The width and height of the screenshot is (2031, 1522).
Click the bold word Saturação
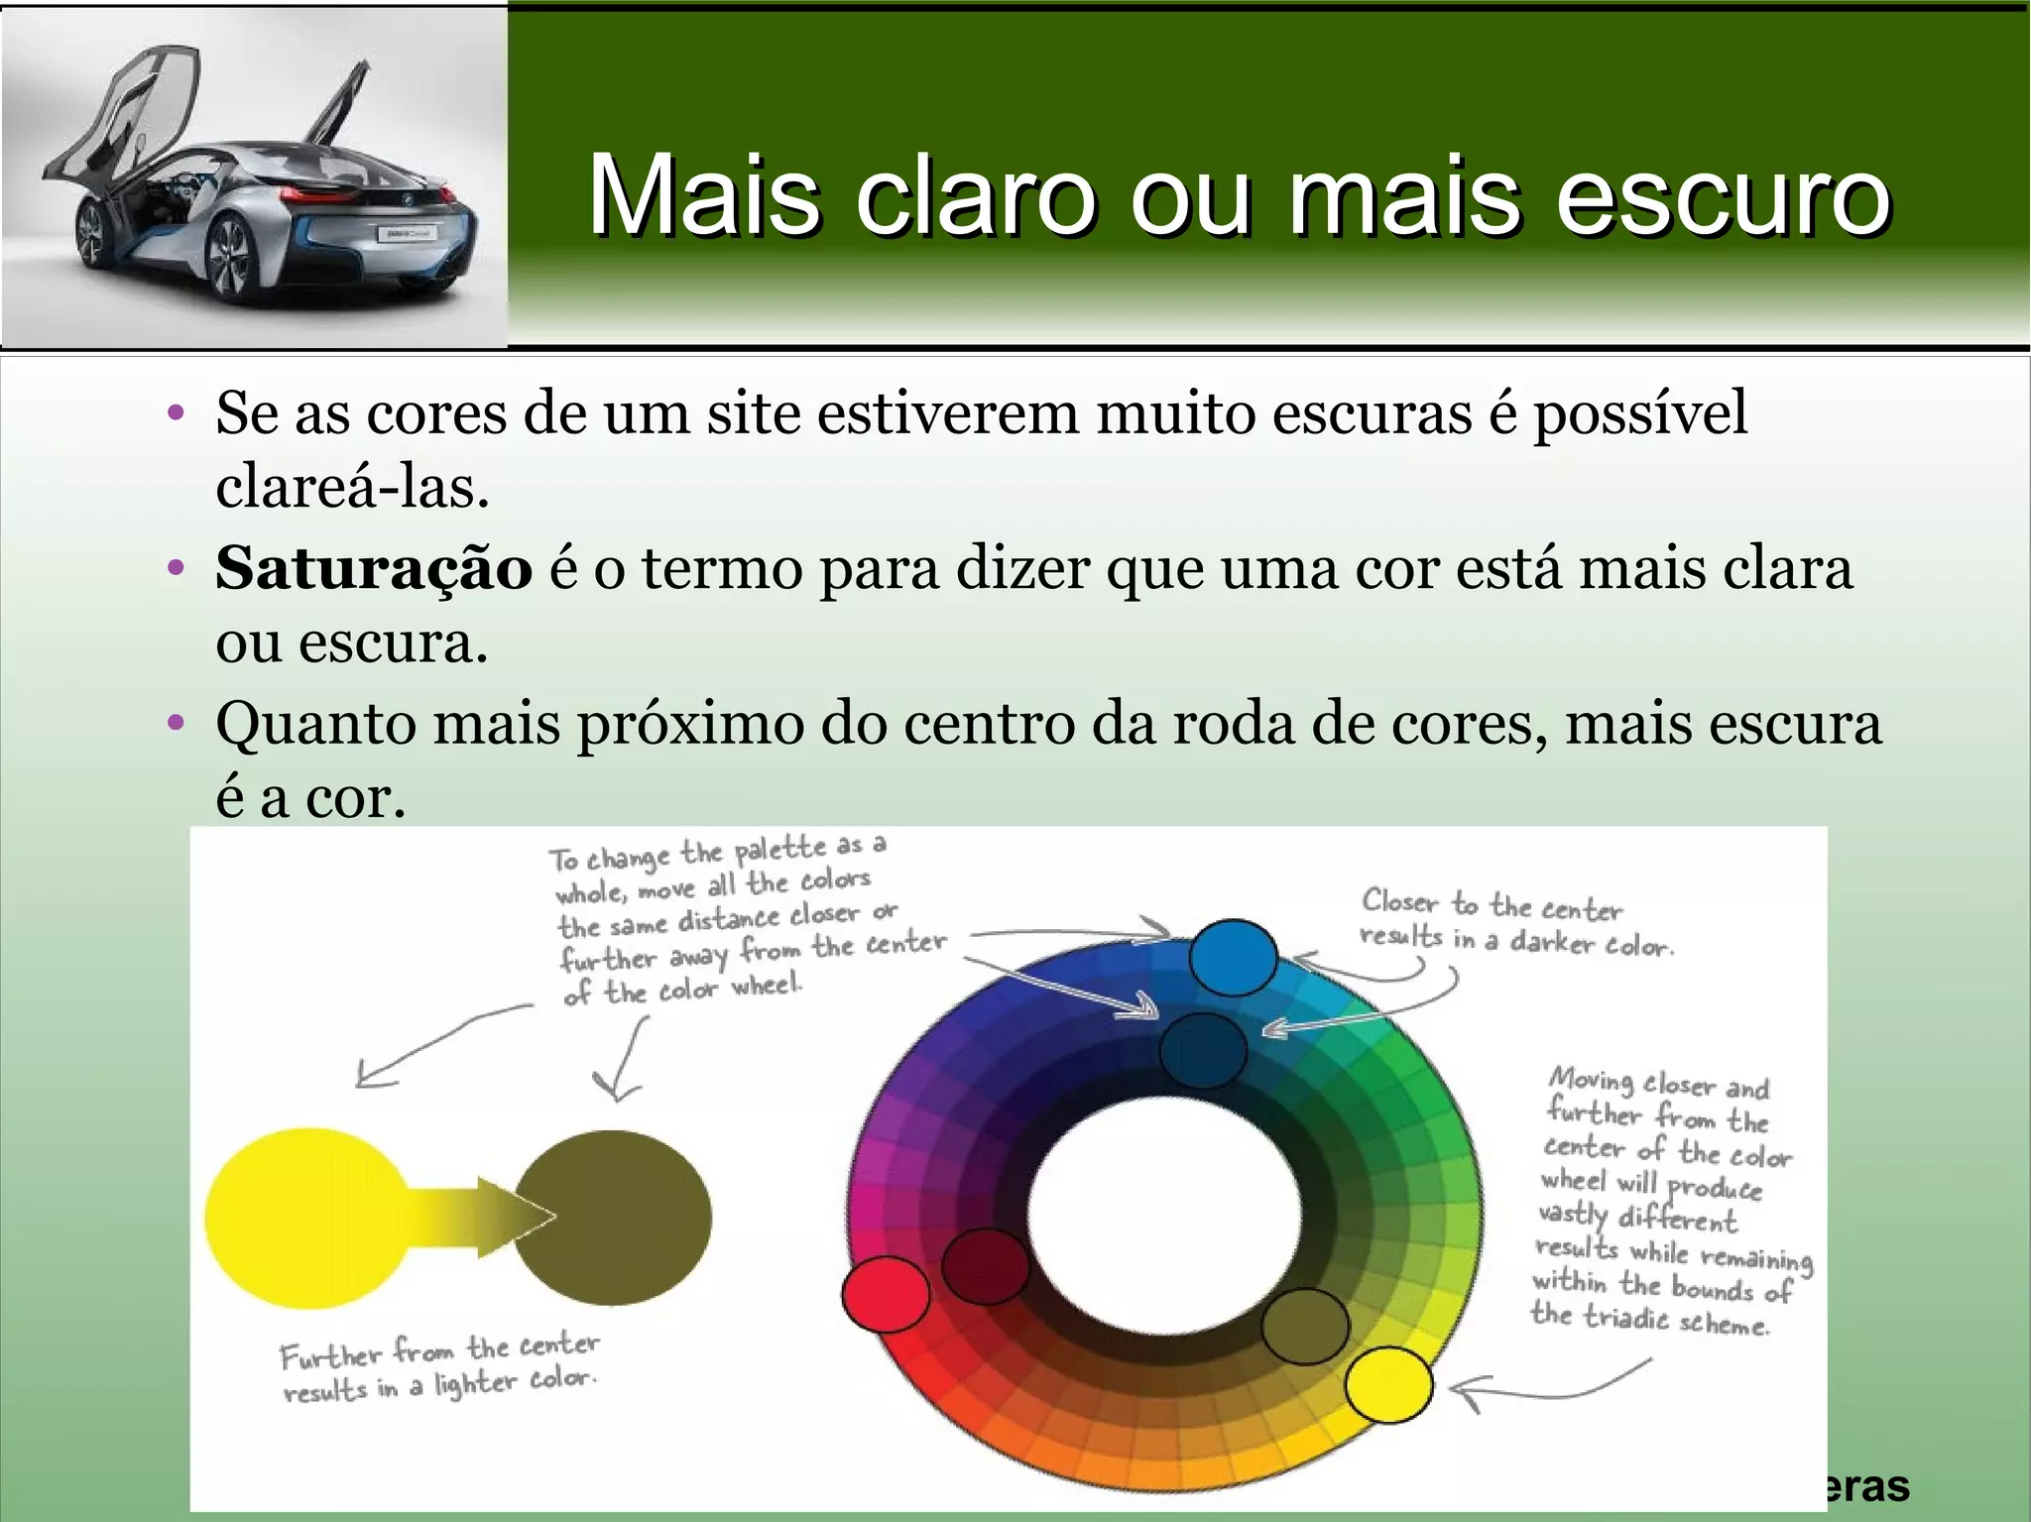click(x=374, y=569)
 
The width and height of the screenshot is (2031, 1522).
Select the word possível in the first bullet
click(x=1640, y=413)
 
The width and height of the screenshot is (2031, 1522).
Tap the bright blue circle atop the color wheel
click(x=1233, y=957)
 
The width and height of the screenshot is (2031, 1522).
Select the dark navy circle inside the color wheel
click(x=1203, y=1051)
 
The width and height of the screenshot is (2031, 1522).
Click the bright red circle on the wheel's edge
click(x=886, y=1294)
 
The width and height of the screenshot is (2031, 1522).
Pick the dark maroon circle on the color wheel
click(x=986, y=1264)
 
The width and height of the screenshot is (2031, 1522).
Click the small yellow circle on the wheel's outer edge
click(x=1388, y=1385)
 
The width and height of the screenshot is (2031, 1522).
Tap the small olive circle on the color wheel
click(x=1306, y=1326)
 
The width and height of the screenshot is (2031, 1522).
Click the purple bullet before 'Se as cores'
click(x=177, y=413)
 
